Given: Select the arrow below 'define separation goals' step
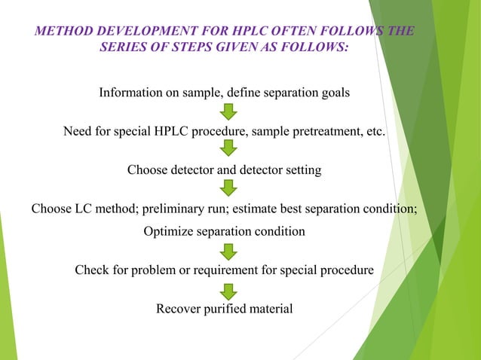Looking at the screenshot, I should pyautogui.click(x=228, y=112).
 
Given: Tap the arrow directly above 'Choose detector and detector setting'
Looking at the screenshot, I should pyautogui.click(x=228, y=149).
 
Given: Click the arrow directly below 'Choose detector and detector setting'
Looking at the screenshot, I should pyautogui.click(x=228, y=188).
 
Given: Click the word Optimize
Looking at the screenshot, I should pyautogui.click(x=168, y=231).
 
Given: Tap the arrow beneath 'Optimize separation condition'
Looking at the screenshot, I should pyautogui.click(x=228, y=250).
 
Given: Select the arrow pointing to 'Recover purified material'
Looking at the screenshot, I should pyautogui.click(x=228, y=290).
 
